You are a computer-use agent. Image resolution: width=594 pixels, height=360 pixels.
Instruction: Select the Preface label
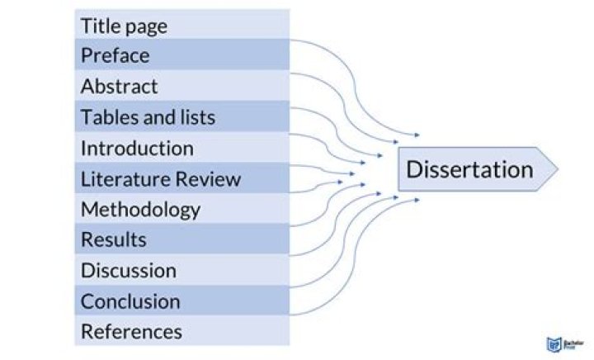[115, 56]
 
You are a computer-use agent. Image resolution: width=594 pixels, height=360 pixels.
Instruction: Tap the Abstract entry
[119, 86]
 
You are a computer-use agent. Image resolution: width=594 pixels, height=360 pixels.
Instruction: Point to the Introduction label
[137, 149]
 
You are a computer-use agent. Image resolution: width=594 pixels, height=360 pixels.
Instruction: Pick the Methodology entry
[140, 209]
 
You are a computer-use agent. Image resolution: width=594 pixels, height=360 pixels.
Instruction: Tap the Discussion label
[128, 270]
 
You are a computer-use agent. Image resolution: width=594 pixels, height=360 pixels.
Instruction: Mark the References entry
[131, 331]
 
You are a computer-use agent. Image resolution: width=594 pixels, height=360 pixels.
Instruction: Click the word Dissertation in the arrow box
[469, 170]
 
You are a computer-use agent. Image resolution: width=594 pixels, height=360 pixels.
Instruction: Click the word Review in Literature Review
[210, 178]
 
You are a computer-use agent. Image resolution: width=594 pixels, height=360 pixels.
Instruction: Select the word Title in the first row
[98, 26]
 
